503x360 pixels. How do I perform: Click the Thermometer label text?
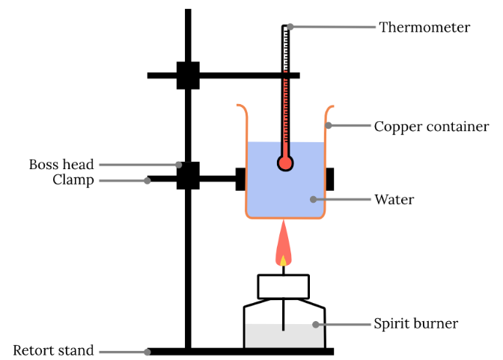pos(424,28)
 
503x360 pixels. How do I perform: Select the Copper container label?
pos(431,126)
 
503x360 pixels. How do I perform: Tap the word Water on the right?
pos(394,200)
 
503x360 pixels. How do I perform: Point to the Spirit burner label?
pos(415,324)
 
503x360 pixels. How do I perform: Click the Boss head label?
pos(61,165)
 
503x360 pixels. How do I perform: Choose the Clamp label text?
pos(73,180)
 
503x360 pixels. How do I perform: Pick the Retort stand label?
pos(53,350)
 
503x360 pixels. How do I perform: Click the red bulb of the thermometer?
pos(284,163)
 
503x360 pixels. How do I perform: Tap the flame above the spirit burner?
pos(283,245)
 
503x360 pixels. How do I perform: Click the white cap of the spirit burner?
pos(283,286)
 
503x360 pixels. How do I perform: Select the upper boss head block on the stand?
pos(188,75)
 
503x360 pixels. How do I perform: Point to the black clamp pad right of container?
pos(330,180)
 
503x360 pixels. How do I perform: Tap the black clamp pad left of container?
pos(241,180)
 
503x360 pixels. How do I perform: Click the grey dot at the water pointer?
pos(314,200)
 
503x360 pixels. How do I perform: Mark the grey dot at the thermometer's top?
pos(290,28)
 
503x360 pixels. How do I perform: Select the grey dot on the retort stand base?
pos(148,351)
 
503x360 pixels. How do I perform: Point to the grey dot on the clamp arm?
pos(148,180)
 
